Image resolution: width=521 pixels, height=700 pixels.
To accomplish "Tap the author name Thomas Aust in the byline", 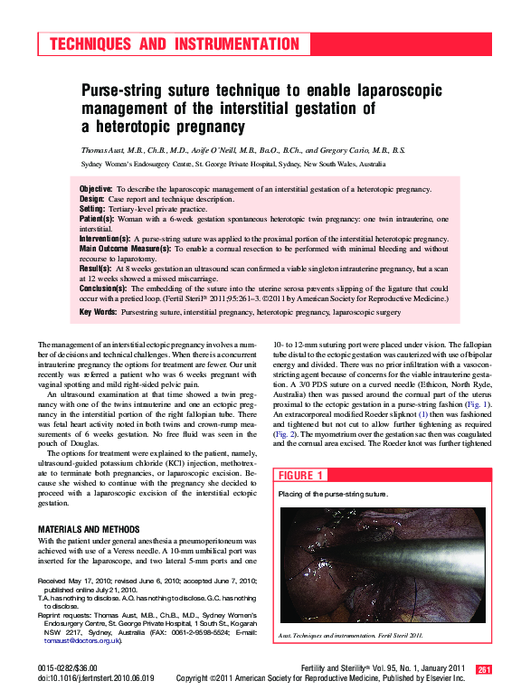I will pyautogui.click(x=106, y=150).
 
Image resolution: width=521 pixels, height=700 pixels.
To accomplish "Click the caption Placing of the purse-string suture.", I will pyautogui.click(x=333, y=495).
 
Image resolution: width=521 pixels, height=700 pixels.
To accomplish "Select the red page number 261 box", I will pyautogui.click(x=484, y=669).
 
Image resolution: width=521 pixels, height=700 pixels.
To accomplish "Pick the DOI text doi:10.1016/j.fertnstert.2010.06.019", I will pyautogui.click(x=96, y=676).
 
